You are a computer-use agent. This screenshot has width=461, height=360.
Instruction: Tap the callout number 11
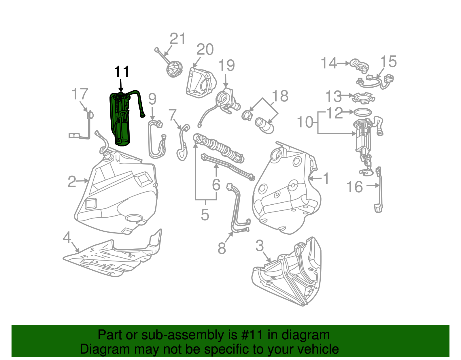[x=122, y=72]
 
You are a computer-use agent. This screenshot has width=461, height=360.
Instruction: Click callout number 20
[x=205, y=50]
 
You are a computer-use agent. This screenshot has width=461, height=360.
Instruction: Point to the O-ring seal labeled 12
[x=362, y=112]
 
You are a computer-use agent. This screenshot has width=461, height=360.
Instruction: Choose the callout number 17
[x=80, y=94]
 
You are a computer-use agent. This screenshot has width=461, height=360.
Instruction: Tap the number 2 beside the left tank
[x=72, y=182]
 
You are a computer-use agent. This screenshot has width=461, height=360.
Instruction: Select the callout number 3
[x=259, y=246]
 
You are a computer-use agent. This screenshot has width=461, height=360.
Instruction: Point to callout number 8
[x=222, y=248]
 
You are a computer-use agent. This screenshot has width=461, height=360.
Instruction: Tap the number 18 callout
[x=280, y=96]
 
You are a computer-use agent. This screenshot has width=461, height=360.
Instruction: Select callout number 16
[x=354, y=187]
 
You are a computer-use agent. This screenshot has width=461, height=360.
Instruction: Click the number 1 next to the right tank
[x=326, y=178]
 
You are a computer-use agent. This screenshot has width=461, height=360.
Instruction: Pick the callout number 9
[x=152, y=99]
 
